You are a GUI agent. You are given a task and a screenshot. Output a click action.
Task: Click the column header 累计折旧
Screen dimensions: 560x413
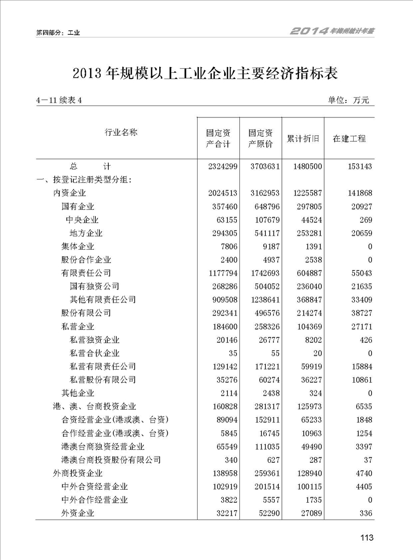tap(303, 138)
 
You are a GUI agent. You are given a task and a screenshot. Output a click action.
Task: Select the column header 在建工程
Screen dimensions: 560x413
tap(350, 138)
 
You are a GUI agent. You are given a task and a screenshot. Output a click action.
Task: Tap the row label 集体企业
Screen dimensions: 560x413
tap(78, 247)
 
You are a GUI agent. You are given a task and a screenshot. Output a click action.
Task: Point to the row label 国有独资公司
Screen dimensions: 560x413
tap(95, 286)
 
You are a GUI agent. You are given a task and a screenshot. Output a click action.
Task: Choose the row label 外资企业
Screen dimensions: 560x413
tap(78, 513)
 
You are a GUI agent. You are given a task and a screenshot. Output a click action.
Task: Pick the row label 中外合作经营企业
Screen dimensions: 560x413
tap(95, 500)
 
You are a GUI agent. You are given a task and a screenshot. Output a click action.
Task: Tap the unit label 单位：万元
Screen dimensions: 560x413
tap(348, 100)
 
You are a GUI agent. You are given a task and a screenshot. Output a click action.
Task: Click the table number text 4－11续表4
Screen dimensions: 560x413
tap(60, 100)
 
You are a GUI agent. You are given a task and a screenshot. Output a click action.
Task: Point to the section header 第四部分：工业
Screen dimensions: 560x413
tap(58, 32)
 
